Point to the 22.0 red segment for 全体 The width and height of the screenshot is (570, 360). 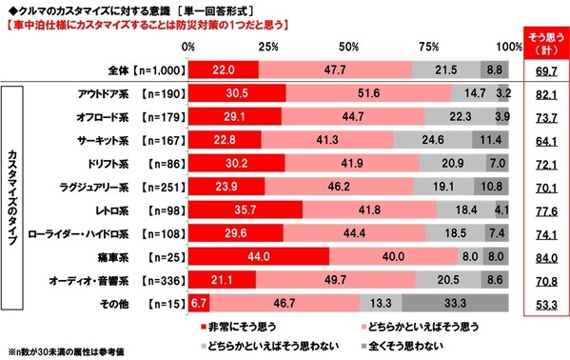(x=223, y=69)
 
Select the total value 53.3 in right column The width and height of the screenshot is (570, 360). (x=543, y=303)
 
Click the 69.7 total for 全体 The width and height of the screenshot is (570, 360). (x=543, y=70)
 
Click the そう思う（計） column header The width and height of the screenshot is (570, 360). (x=543, y=41)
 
